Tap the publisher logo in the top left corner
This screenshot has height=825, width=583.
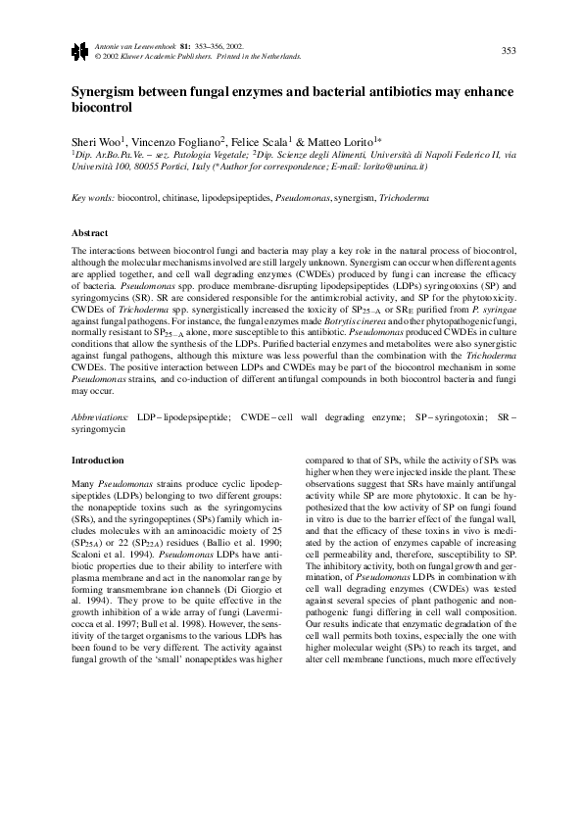coord(80,50)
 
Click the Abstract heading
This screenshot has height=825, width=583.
coord(90,233)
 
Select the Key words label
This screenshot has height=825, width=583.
coord(94,199)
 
